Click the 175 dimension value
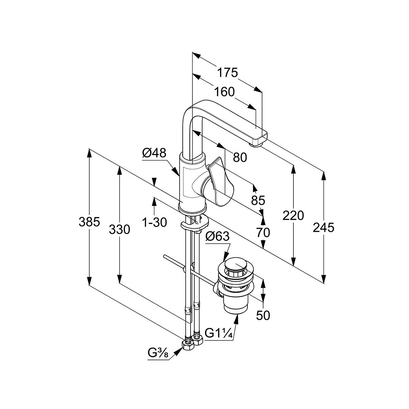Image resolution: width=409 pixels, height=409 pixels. [227, 73]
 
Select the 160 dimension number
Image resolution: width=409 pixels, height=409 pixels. [225, 92]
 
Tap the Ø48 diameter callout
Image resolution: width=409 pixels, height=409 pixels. [154, 153]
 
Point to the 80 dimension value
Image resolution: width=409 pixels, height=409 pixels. [240, 157]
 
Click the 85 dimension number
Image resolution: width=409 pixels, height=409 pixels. [258, 200]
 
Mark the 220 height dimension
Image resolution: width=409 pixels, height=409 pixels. [293, 215]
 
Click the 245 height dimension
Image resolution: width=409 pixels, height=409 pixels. [323, 227]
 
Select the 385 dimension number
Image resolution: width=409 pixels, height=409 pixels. [89, 222]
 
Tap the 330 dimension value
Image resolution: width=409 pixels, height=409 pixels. [119, 230]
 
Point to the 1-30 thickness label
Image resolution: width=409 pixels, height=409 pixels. [154, 223]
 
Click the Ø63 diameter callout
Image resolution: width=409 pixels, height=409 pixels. [217, 237]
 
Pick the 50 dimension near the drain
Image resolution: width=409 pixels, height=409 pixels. [263, 315]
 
